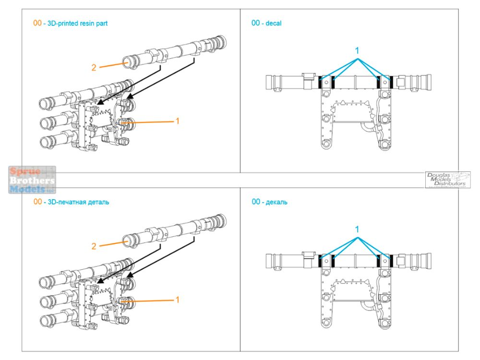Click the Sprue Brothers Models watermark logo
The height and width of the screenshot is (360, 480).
tap(32, 180)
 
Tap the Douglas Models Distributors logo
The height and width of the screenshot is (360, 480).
tap(447, 180)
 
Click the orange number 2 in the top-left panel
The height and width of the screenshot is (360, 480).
tap(94, 68)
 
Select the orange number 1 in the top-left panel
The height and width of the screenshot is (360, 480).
tap(177, 121)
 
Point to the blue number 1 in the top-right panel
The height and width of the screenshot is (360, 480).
tap(357, 50)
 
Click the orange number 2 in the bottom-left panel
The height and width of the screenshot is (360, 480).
tap(94, 246)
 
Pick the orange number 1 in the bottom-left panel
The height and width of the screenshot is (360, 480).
tap(177, 300)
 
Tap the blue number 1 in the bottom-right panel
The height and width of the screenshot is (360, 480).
tap(357, 229)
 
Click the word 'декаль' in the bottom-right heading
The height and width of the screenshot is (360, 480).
tap(277, 202)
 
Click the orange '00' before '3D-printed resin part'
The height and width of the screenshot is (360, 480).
tap(37, 23)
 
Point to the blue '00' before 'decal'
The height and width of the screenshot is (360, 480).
tap(256, 23)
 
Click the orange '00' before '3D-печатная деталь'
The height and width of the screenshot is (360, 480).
tap(37, 202)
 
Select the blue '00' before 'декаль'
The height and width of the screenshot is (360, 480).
tap(256, 202)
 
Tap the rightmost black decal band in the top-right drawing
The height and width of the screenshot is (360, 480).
tap(393, 82)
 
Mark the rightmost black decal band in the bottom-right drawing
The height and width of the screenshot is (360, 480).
tap(393, 261)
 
